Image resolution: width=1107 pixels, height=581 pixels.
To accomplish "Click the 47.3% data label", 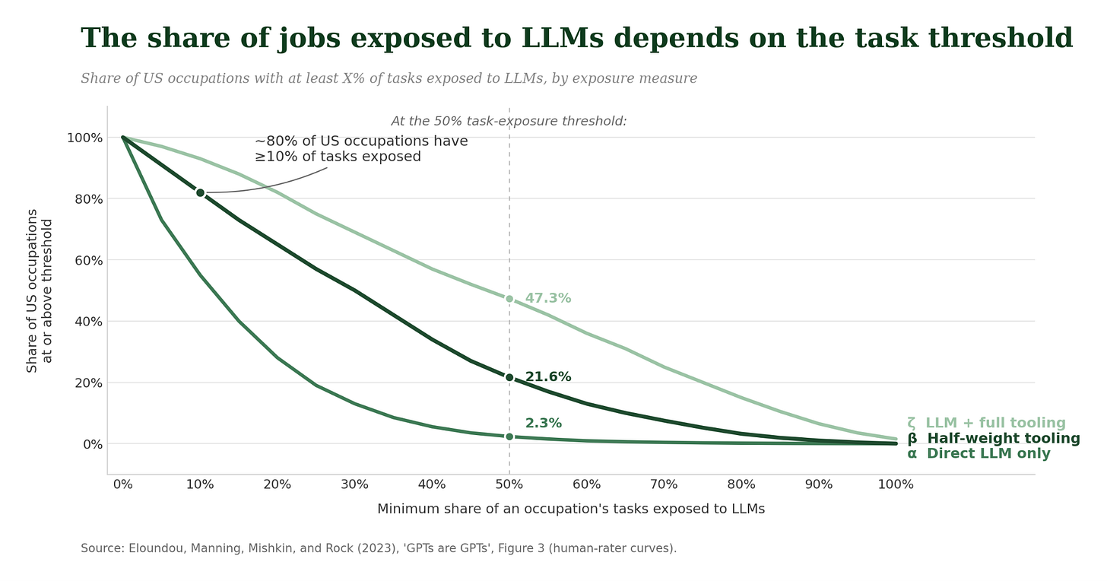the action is tap(547, 298).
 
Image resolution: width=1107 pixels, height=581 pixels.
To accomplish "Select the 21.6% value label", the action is tap(547, 376).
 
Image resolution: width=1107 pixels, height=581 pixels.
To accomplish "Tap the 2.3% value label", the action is tap(543, 424).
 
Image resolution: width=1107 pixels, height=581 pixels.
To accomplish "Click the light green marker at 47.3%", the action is tap(509, 299).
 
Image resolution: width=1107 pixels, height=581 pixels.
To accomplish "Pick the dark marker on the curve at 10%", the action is tap(200, 193).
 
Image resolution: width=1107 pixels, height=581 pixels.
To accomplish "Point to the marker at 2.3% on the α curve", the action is tap(509, 437).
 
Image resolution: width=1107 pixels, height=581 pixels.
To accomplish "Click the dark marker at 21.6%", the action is tap(509, 378).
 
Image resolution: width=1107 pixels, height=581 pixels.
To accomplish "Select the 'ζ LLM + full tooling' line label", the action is tap(986, 423).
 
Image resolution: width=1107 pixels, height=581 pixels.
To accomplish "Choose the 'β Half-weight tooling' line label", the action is tap(993, 439).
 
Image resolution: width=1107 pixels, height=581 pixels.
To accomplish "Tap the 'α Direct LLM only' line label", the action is tap(979, 453).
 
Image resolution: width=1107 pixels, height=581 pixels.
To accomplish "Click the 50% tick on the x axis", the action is tap(509, 484).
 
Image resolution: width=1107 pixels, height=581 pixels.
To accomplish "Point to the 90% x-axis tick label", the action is tap(819, 484).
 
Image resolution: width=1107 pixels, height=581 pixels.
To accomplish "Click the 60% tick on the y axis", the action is tap(88, 260).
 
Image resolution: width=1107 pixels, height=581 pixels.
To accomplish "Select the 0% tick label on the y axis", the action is tap(93, 444).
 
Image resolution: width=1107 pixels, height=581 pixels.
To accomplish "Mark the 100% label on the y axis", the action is tap(84, 138).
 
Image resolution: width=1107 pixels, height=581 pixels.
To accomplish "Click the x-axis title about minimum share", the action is tap(571, 509).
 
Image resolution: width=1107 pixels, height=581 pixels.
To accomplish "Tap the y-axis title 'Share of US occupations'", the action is tap(32, 290).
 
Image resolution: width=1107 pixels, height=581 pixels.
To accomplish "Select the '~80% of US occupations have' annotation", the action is tap(361, 141).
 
